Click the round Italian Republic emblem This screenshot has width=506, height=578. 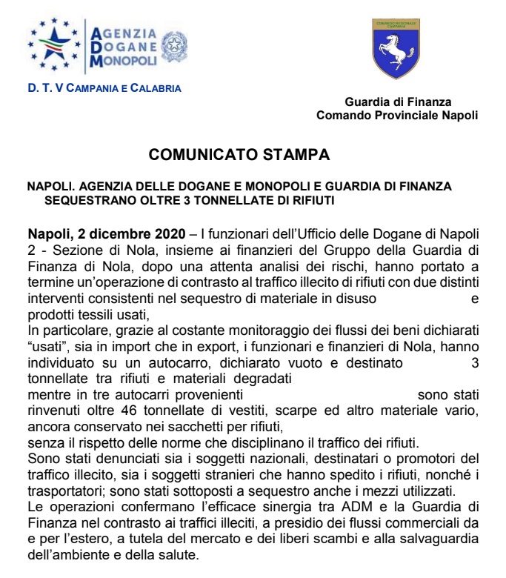click(175, 46)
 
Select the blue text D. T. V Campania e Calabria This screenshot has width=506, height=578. click(104, 88)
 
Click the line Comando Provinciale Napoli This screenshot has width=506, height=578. click(397, 115)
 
